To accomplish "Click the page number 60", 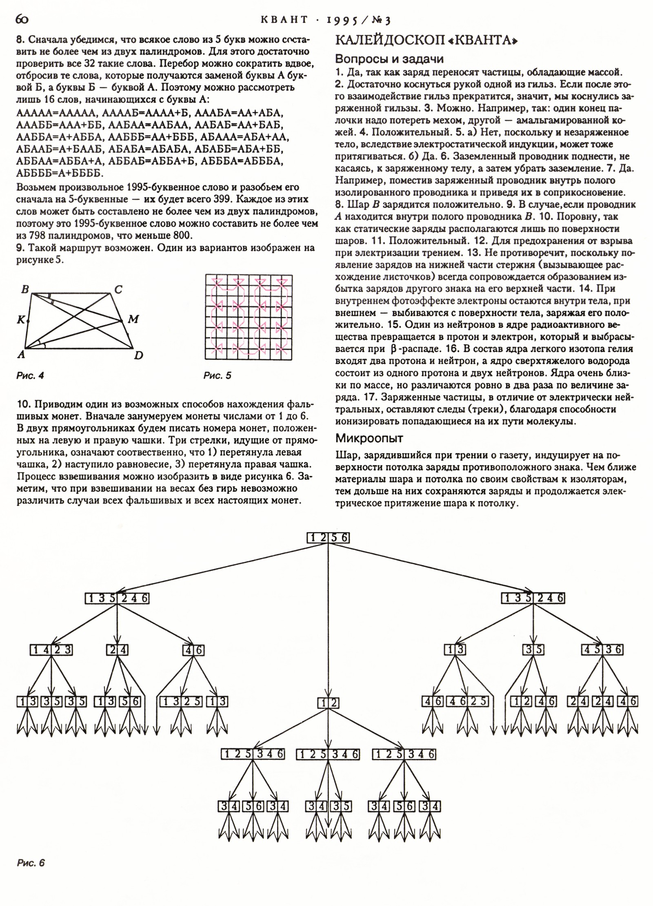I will coord(22,19).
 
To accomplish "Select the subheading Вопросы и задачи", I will coord(389,59).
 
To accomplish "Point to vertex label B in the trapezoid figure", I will coord(25,290).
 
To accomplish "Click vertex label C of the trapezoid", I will coord(118,290).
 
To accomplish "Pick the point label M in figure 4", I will coord(133,320).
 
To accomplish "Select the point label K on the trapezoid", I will coord(20,320).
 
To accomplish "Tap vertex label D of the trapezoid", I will coord(138,355).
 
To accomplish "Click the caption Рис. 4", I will coord(30,376).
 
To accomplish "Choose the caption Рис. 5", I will coord(217,376).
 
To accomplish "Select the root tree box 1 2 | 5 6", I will coord(328,538).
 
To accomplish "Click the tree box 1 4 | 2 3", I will coord(51,650).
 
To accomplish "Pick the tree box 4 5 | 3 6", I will coord(602,649).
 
